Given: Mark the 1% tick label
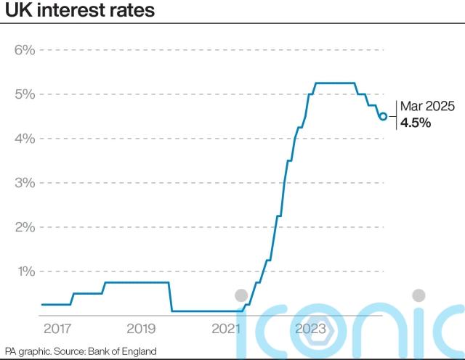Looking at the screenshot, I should pos(25,271).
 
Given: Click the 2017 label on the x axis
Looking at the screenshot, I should pos(57,329).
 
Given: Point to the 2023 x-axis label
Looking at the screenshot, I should pos(310,329).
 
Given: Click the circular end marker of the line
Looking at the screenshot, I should pos(383,116).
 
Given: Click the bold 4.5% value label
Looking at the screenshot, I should pos(416,123).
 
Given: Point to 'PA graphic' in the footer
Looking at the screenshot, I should pos(27,351).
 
